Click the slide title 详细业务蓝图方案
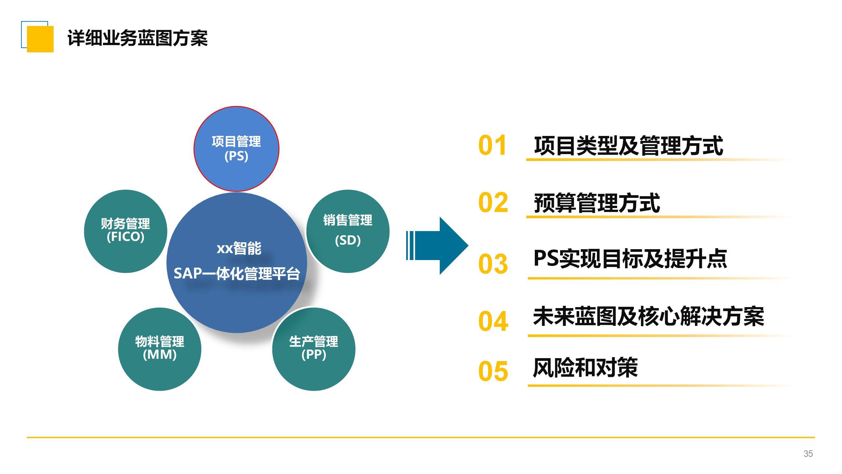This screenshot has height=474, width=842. pos(137,38)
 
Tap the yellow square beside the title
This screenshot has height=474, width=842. pos(40,39)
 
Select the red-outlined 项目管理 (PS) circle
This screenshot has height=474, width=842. pos(236,149)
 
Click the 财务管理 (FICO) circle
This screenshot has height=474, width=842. pos(125,231)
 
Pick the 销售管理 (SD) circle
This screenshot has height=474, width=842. pos(348,231)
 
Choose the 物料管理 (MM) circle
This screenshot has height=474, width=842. pos(160,349)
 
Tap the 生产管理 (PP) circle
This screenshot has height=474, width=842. pos(313,349)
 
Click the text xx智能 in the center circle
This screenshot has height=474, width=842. pos(239,248)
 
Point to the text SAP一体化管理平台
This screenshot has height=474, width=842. pos(237,274)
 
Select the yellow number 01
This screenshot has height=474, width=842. pos(492,145)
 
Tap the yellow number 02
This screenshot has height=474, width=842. pos(493,202)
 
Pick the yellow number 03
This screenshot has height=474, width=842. pos(493,264)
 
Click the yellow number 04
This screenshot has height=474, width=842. pos(493,321)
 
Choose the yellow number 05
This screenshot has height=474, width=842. pos(493,371)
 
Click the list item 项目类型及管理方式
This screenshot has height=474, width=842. pos(629,145)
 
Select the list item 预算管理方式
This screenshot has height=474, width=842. pos(597,203)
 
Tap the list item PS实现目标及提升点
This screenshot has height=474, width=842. pos(630,259)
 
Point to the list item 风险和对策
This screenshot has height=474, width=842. pos(585,368)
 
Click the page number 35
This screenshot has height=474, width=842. pos(808,454)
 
